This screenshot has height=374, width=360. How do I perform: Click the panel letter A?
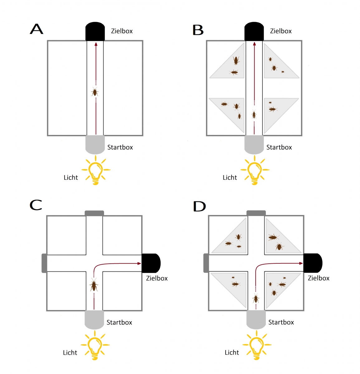point(36,29)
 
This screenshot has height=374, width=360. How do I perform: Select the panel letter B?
point(198,30)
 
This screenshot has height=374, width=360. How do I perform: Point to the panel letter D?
point(199,206)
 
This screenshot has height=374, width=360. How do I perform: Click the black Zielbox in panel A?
point(95,31)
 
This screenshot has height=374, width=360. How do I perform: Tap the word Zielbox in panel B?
point(281,31)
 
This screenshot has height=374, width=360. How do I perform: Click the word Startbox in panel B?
point(279,147)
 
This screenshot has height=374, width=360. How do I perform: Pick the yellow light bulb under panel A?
point(96,170)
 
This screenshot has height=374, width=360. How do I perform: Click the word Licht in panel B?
point(230,177)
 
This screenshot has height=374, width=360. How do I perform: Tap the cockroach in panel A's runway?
point(94,92)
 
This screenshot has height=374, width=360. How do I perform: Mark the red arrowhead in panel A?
point(96,44)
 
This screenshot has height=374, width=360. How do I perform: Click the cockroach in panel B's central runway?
point(254,114)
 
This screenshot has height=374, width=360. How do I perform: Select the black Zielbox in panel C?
point(151,263)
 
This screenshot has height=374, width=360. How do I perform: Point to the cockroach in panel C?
point(94,285)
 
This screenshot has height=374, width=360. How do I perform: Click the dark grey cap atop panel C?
point(94,213)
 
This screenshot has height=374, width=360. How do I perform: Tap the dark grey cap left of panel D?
point(206,263)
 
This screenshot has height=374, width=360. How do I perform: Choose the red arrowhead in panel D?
point(301,263)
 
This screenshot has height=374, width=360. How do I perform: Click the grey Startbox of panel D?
point(256,319)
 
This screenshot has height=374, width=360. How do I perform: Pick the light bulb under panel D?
point(257,345)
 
